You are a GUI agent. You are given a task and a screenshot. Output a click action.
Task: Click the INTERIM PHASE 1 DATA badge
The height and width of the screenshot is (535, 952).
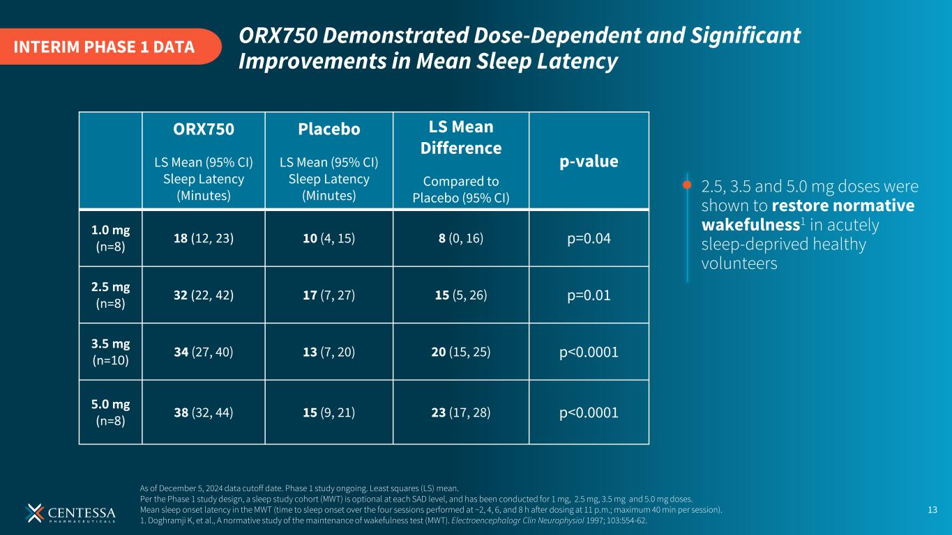105,47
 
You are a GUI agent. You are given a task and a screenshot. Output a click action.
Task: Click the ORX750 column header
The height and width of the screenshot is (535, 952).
203,130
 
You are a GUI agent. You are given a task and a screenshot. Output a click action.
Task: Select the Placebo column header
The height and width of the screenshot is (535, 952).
328,130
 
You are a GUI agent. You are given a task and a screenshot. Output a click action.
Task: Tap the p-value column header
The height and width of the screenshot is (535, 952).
589,161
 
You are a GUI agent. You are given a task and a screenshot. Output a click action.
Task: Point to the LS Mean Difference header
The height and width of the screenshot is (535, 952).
460,137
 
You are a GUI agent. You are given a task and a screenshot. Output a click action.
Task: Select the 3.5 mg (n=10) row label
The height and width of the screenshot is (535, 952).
110,352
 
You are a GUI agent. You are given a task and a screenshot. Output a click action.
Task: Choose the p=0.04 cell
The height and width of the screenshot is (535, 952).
589,238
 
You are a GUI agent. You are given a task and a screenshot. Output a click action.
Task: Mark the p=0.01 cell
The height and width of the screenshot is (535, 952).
589,295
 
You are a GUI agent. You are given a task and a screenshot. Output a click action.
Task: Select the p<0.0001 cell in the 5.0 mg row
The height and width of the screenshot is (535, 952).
589,413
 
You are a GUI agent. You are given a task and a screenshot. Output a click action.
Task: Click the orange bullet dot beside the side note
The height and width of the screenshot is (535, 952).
687,185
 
